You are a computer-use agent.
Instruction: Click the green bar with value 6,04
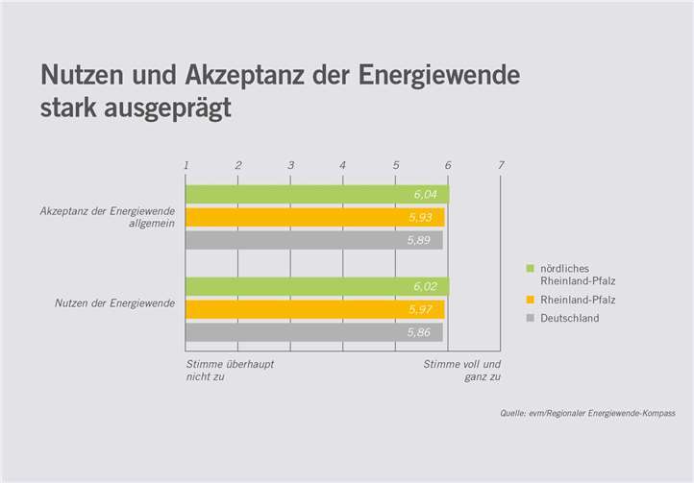[x=316, y=195]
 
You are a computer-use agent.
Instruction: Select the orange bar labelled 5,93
[x=314, y=218]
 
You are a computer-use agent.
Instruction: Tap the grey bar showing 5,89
[x=313, y=240]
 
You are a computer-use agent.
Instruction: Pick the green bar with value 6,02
[x=316, y=286]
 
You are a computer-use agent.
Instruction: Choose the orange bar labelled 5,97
[x=314, y=309]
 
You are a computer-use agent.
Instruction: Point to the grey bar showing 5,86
[x=313, y=332]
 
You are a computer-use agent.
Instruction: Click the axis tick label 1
[x=186, y=165]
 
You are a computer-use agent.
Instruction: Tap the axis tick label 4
[x=343, y=165]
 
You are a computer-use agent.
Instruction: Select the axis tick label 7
[x=501, y=165]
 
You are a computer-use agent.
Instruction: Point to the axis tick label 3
[x=290, y=165]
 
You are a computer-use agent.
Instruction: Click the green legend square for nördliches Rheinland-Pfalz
[x=530, y=268]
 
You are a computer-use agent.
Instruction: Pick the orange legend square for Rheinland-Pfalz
[x=530, y=300]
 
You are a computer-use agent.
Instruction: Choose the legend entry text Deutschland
[x=571, y=318]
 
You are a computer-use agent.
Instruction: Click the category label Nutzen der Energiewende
[x=113, y=304]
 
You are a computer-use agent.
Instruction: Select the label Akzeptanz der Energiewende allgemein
[x=107, y=217]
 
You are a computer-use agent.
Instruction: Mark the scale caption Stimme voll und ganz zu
[x=462, y=371]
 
